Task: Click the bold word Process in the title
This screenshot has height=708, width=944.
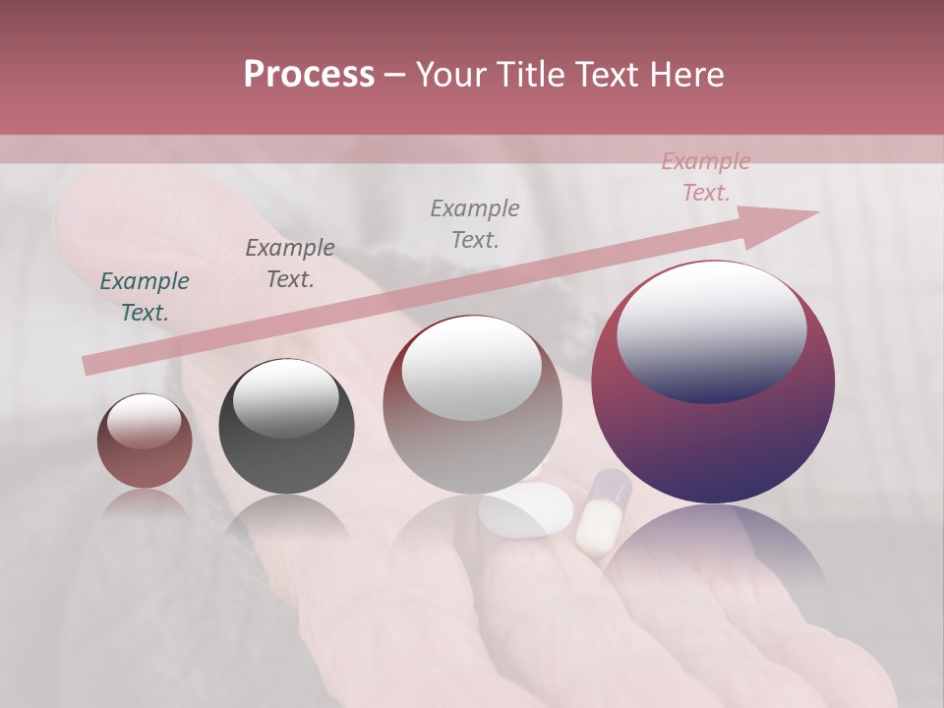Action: click(x=309, y=75)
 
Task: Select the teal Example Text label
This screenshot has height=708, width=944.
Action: click(x=145, y=297)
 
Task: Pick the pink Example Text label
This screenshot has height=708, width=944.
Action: click(x=705, y=177)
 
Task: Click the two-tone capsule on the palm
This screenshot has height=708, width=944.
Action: click(x=601, y=511)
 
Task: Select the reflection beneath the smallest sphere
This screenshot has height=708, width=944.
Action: click(x=146, y=503)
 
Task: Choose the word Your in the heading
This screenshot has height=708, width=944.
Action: click(x=449, y=75)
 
